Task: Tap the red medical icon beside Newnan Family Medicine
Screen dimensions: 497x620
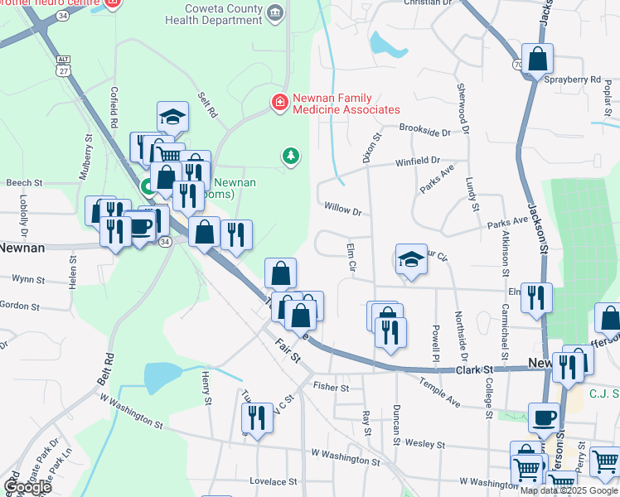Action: click(279, 103)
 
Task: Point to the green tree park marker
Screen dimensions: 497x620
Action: click(290, 155)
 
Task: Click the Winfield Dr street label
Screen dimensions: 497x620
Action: click(417, 162)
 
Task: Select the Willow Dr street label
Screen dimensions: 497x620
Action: click(343, 210)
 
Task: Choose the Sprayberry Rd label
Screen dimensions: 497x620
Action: click(571, 80)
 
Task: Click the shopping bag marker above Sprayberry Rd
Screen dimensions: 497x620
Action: click(538, 59)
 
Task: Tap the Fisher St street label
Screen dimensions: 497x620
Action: click(331, 387)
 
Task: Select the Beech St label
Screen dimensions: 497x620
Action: click(24, 183)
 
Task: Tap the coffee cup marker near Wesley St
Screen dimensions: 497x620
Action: click(545, 418)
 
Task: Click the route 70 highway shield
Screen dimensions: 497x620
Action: click(518, 63)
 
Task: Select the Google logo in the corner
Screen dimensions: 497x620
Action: click(27, 487)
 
